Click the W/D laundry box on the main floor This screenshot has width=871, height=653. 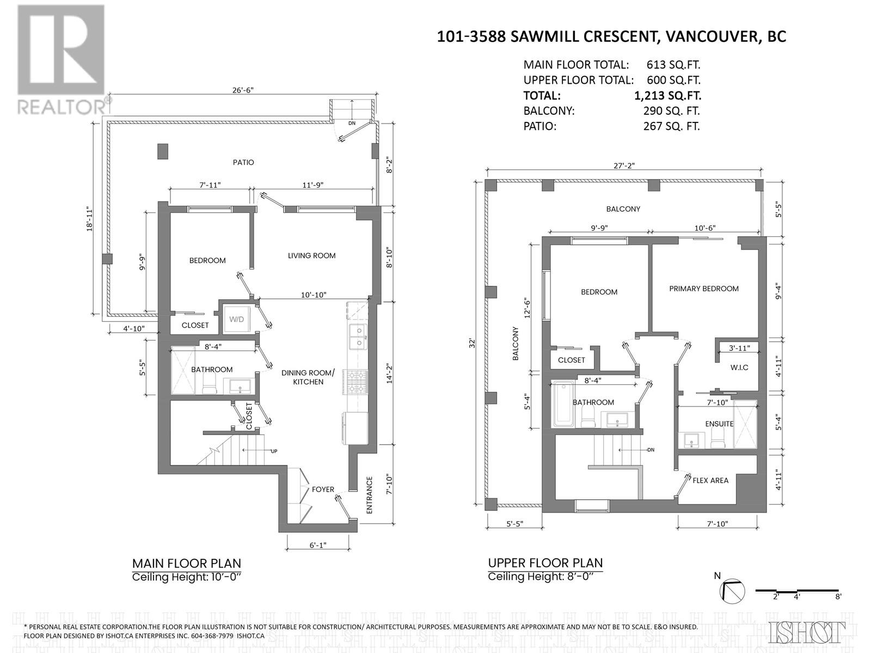pyautogui.click(x=236, y=319)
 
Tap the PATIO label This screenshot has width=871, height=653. pyautogui.click(x=243, y=162)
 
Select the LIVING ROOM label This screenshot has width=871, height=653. pyautogui.click(x=311, y=256)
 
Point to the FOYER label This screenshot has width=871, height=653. pyautogui.click(x=323, y=489)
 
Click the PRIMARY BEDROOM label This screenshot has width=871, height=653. pyautogui.click(x=704, y=288)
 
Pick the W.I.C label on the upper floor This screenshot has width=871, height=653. pyautogui.click(x=739, y=367)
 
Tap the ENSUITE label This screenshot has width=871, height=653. pyautogui.click(x=719, y=424)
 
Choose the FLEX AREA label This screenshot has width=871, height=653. pyautogui.click(x=710, y=480)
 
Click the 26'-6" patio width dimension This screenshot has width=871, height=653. pyautogui.click(x=243, y=90)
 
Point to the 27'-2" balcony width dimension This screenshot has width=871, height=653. pyautogui.click(x=624, y=166)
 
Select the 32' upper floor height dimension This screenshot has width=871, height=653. pyautogui.click(x=472, y=343)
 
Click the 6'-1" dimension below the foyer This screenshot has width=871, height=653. pyautogui.click(x=318, y=545)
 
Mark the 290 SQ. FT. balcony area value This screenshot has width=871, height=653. pyautogui.click(x=671, y=111)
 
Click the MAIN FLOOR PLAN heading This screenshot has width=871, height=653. pyautogui.click(x=187, y=563)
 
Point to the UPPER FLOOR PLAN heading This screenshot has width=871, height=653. pyautogui.click(x=545, y=563)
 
